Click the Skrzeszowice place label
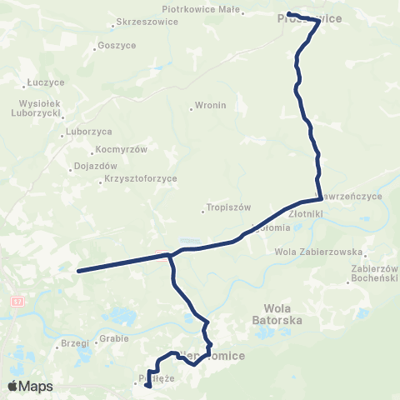[x=148, y=22]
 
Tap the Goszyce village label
[x=116, y=46]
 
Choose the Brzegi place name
[x=74, y=343]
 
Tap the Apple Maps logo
[x=30, y=386]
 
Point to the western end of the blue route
[x=79, y=271]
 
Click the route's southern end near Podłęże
[x=147, y=386]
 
